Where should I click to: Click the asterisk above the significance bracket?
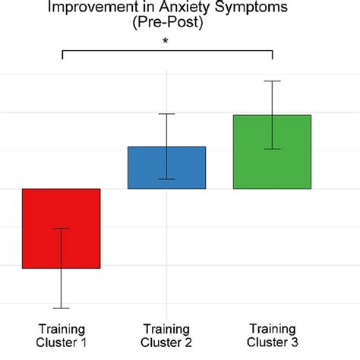[166, 42]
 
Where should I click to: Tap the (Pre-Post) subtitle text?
[166, 24]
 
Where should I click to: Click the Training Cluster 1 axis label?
[61, 335]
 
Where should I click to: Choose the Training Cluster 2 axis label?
[166, 335]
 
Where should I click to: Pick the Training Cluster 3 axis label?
[272, 335]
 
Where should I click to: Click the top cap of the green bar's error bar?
[272, 81]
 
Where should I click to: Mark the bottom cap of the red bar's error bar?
[61, 308]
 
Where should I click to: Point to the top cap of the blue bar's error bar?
[166, 114]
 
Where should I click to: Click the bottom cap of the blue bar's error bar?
[166, 179]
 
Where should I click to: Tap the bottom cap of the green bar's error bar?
[272, 149]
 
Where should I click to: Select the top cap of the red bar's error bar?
[61, 228]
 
